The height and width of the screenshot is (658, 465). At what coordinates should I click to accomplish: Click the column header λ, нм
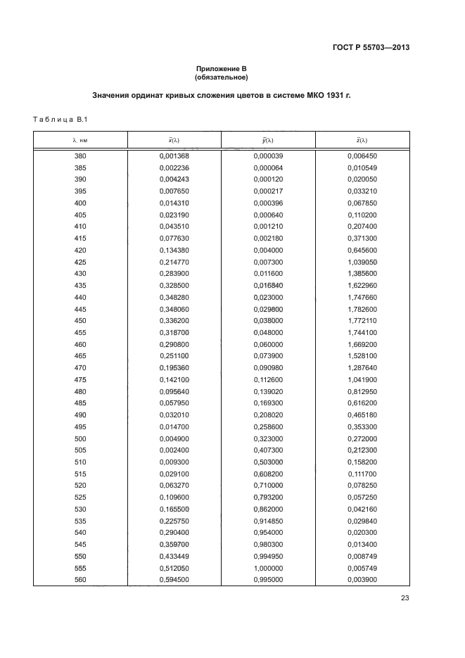click(x=80, y=140)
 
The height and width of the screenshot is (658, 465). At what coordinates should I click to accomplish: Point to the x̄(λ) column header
click(x=174, y=140)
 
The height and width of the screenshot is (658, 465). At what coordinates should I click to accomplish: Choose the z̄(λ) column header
click(x=362, y=140)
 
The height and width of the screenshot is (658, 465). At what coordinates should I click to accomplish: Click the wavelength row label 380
click(x=80, y=156)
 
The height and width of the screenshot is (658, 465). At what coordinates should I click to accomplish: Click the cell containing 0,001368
click(x=174, y=156)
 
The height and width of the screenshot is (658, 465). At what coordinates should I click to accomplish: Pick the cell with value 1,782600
click(x=362, y=309)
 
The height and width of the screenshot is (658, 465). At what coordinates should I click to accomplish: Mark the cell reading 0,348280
click(x=174, y=297)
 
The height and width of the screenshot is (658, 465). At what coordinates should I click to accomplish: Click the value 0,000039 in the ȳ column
click(x=268, y=156)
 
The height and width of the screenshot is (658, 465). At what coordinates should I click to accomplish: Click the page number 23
click(x=405, y=599)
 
